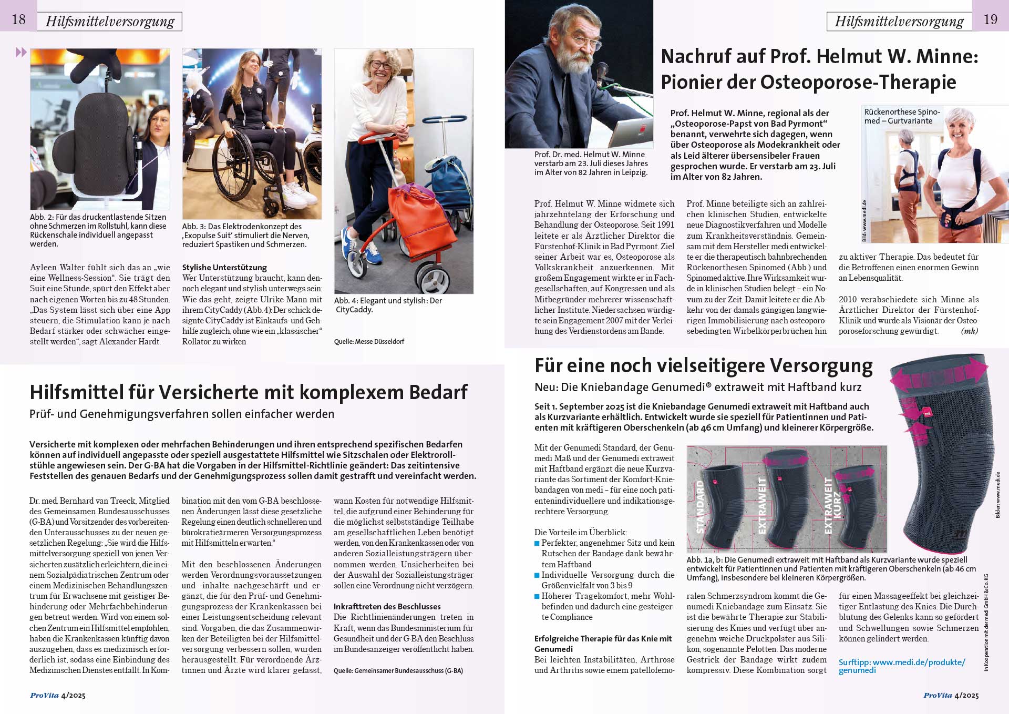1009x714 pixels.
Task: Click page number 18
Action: coord(18,19)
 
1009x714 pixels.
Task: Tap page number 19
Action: coord(990,19)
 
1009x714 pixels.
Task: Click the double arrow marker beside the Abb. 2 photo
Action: coord(21,52)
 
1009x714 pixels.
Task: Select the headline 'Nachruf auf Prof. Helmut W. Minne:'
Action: coord(819,56)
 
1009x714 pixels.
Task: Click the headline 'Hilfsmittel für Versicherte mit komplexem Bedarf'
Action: coord(248,392)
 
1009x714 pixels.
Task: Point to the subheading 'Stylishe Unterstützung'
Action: coord(224,267)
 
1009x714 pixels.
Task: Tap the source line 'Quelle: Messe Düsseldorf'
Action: coord(369,341)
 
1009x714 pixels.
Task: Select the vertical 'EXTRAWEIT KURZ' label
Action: coord(832,505)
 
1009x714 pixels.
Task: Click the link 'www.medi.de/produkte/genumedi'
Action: coord(901,666)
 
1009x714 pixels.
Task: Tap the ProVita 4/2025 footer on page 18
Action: coord(58,695)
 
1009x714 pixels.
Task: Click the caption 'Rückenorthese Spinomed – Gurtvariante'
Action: coord(902,116)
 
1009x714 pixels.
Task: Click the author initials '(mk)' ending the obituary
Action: coord(969,331)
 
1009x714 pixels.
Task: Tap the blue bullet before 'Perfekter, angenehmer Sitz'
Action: coord(537,543)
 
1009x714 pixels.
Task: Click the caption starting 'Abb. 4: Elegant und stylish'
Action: coord(388,305)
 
